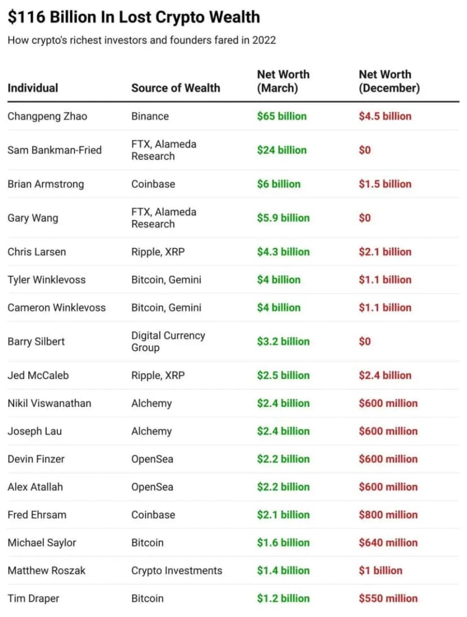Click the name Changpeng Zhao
pos(47,117)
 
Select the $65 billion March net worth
pos(281,116)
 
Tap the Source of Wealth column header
pos(175,88)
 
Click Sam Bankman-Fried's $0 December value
pos(365,150)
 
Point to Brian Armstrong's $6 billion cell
pos(279,184)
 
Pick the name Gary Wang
pos(33,218)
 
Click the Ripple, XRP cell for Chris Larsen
pos(158,252)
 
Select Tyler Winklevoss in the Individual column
pos(46,280)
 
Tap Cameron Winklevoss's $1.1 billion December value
pos(385,307)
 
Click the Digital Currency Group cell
pos(168,341)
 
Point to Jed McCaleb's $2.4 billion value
pos(385,375)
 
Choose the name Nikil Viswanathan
pos(49,403)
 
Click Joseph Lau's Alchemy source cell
pos(152,431)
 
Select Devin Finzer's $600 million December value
pos(388,459)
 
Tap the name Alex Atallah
pos(35,487)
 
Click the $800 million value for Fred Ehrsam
pos(388,515)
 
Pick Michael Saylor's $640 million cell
pos(388,543)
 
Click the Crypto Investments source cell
pos(177,571)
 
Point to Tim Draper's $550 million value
pos(388,598)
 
